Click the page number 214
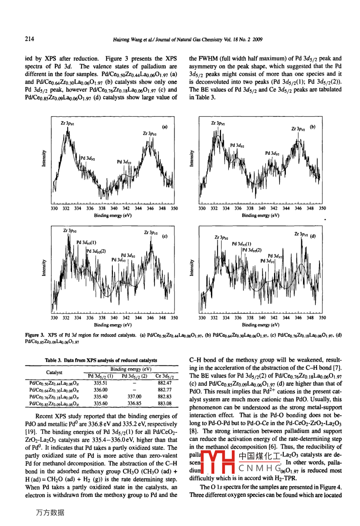pos(29,39)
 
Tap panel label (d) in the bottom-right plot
pos(313,236)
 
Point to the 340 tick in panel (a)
pos(114,208)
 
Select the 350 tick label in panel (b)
pos(322,208)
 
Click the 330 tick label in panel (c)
pos(54,318)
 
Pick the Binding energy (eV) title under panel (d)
pos(260,325)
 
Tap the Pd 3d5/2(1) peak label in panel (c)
pos(86,242)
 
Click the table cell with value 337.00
pos(134,396)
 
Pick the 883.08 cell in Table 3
pos(164,403)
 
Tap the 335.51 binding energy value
pos(100,383)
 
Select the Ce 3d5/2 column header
pos(164,376)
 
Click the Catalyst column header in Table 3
pos(54,373)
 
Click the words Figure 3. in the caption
pos(34,335)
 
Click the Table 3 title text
pos(101,360)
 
